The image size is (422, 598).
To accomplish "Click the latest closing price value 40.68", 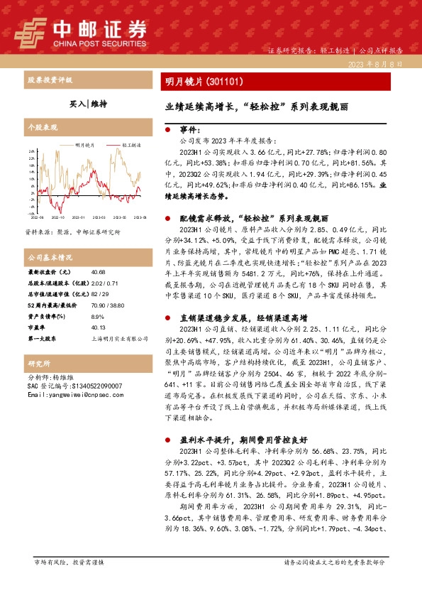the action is [99, 272].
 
